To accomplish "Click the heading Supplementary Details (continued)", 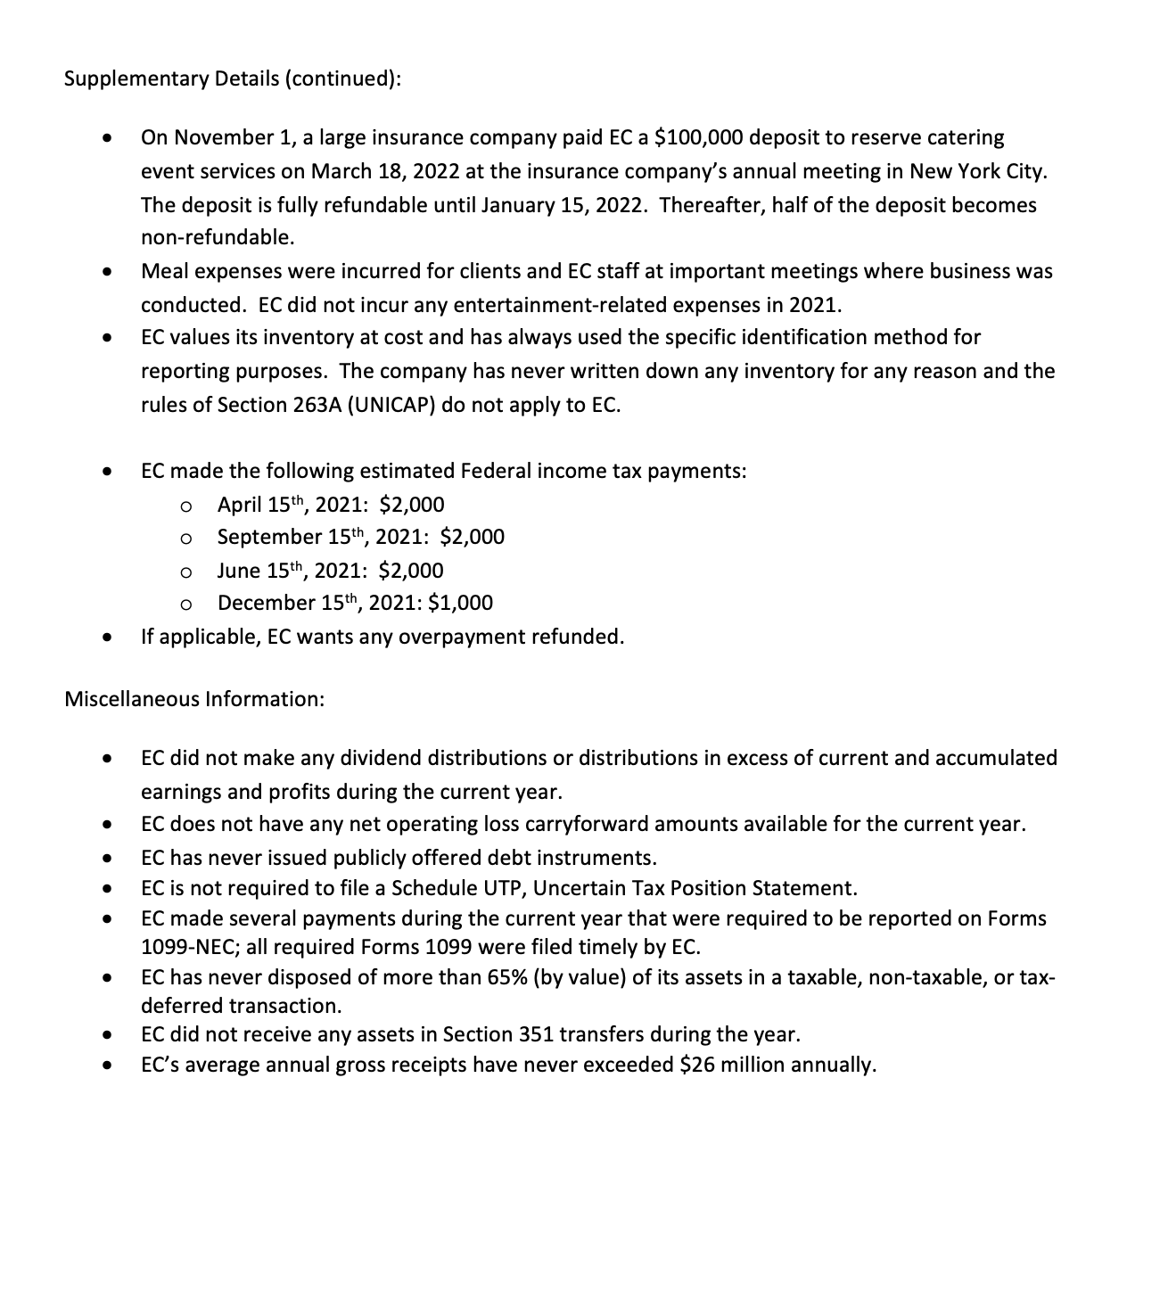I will (x=232, y=78).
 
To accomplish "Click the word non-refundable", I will (x=217, y=238).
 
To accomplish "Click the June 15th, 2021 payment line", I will (x=330, y=571).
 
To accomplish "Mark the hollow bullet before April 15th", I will (x=185, y=506).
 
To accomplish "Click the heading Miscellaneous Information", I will (x=194, y=698).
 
